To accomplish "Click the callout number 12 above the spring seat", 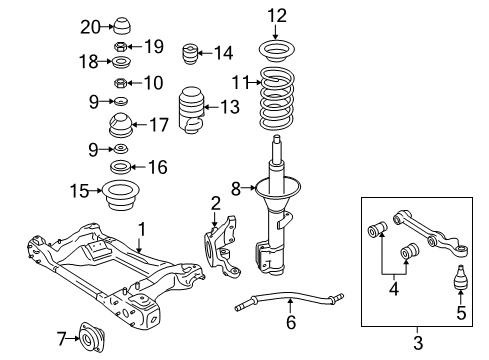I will tap(276, 15).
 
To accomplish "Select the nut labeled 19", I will tap(121, 46).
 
